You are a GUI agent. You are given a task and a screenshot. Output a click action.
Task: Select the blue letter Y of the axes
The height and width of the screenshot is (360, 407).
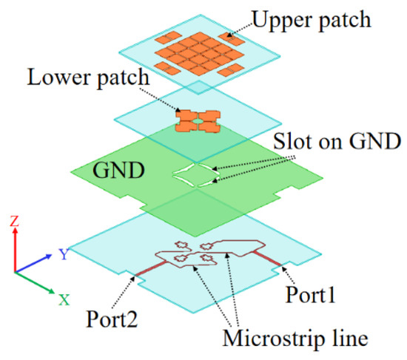click(x=64, y=255)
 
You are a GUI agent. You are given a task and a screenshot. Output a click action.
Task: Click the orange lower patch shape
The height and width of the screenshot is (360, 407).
click(x=199, y=121)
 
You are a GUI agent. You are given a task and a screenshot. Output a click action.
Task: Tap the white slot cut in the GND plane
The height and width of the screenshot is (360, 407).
click(x=194, y=174)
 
